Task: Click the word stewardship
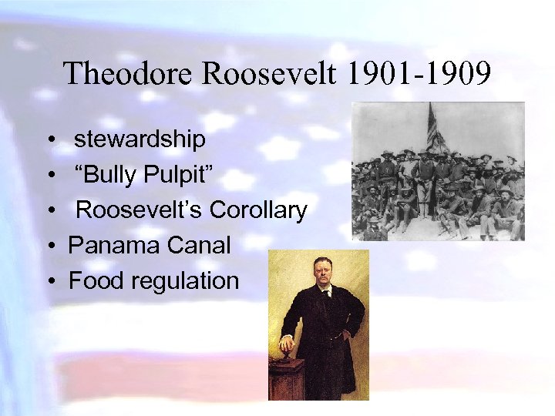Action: tap(140, 139)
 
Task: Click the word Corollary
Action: tap(258, 210)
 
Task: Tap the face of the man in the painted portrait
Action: tap(319, 271)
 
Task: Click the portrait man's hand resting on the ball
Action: tap(287, 341)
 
